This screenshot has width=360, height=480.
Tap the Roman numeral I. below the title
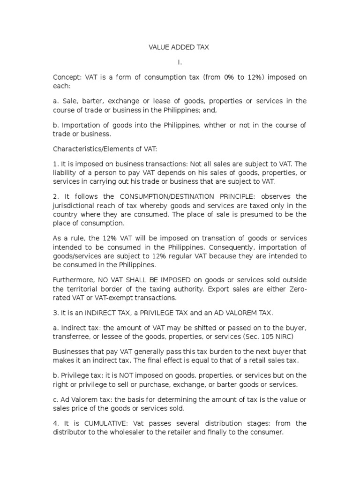click(x=180, y=62)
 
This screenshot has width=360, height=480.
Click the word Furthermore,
click(x=73, y=280)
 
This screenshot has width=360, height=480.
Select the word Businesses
click(x=71, y=352)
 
